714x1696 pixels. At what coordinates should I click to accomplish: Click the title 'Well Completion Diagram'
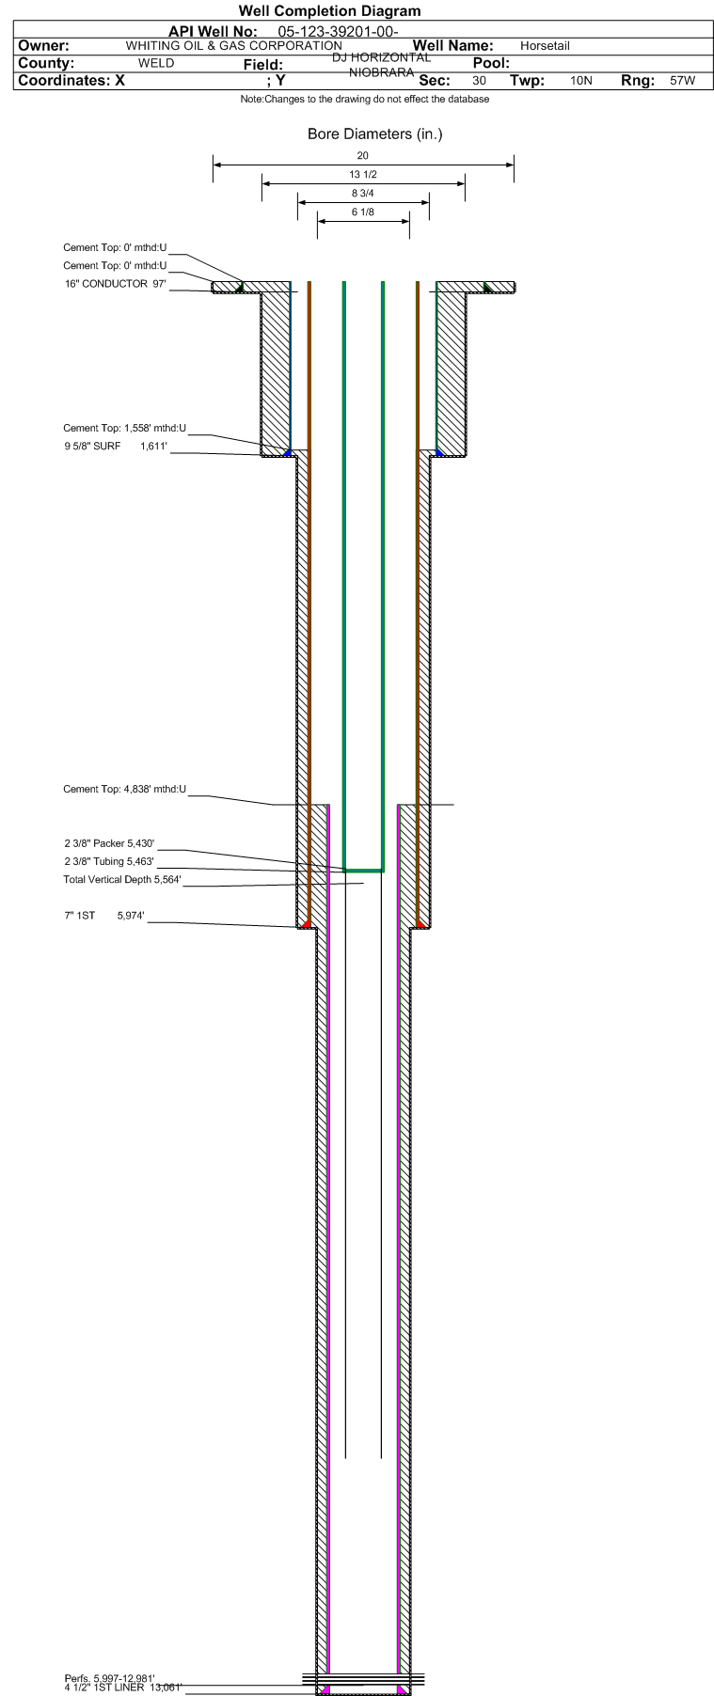tap(329, 11)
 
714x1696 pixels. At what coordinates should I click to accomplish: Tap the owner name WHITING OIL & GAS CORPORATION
tap(233, 46)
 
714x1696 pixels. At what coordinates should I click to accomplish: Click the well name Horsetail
tap(545, 46)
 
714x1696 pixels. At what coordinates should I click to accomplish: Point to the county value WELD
tap(156, 63)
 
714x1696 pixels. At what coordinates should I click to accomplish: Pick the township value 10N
tap(581, 81)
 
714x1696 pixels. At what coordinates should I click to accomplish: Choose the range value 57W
tap(682, 81)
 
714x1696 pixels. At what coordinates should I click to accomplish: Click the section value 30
tap(479, 81)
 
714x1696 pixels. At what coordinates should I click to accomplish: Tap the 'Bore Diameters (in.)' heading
tap(374, 133)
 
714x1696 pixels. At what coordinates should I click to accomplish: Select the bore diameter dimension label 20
tap(363, 156)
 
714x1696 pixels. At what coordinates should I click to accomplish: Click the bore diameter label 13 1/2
tap(363, 175)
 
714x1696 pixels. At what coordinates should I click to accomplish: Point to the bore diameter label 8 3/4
tap(363, 194)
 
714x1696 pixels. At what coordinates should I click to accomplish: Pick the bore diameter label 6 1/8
tap(363, 212)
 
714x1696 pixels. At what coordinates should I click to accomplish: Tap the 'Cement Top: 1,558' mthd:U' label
tap(124, 429)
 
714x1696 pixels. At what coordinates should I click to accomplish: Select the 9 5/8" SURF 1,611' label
tap(116, 446)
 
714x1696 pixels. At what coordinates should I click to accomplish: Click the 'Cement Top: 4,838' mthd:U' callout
tap(124, 790)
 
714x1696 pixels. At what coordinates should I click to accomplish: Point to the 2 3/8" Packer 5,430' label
tap(109, 844)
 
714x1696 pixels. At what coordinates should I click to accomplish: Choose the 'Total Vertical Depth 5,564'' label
tap(122, 880)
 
